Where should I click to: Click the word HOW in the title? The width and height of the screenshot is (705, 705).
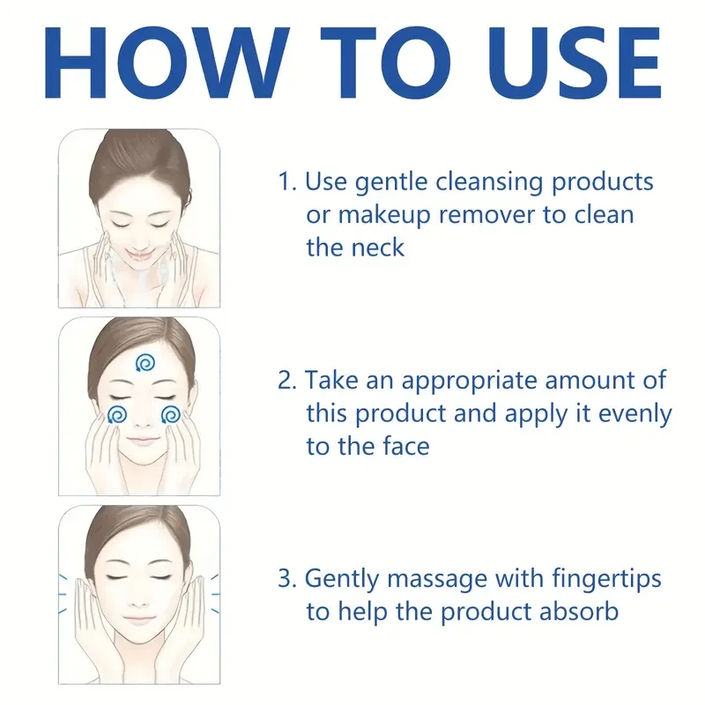tap(167, 63)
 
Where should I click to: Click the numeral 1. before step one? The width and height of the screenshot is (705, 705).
tap(287, 182)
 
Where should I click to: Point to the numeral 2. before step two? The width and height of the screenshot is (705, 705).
tap(287, 381)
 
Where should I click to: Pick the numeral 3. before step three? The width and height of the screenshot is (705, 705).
tap(287, 578)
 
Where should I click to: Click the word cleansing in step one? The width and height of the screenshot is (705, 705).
tap(489, 182)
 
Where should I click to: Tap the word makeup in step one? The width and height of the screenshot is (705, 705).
tap(384, 216)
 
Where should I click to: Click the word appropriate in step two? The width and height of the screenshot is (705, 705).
tap(469, 382)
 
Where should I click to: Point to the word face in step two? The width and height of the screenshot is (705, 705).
tap(406, 446)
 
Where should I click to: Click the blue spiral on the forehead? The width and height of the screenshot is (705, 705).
tap(145, 363)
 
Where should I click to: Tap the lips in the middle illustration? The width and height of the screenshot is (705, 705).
tap(142, 440)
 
